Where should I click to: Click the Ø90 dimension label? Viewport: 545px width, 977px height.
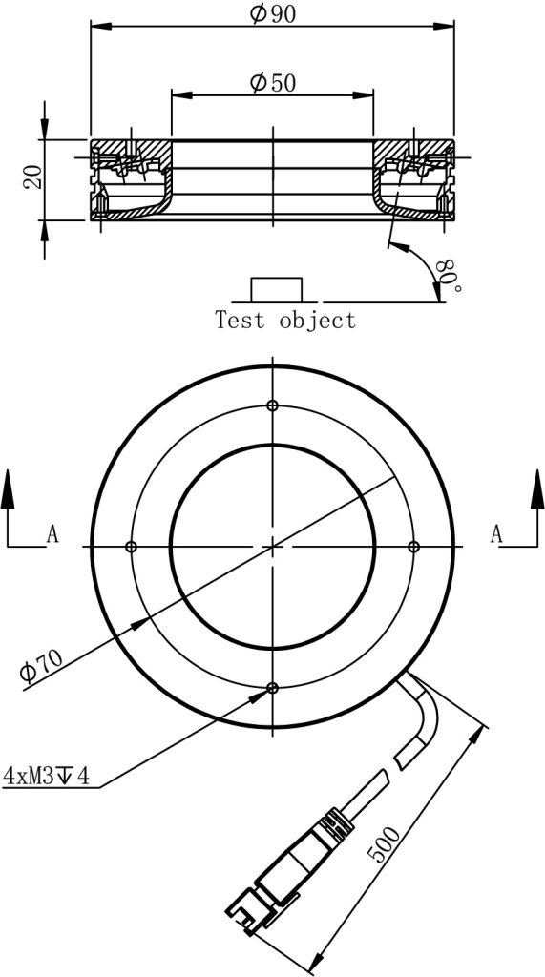[x=273, y=13]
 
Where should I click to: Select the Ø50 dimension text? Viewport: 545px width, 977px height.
[x=273, y=82]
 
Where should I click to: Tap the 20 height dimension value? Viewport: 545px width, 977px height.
[x=33, y=177]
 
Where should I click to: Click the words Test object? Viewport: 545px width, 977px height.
[x=285, y=321]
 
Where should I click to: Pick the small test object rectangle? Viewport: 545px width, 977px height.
[x=276, y=290]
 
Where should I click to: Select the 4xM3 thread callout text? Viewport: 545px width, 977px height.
[x=46, y=776]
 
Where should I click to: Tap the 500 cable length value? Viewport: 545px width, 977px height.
[x=382, y=845]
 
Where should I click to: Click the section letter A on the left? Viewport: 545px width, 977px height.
[x=53, y=534]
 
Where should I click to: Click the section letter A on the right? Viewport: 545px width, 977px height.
[x=495, y=534]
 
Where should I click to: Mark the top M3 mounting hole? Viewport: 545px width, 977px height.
[x=272, y=405]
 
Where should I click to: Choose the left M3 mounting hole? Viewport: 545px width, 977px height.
[x=131, y=547]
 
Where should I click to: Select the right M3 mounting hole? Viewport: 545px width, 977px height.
[x=413, y=547]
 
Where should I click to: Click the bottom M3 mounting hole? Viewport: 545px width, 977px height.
[x=272, y=687]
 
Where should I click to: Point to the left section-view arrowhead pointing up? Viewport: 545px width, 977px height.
[x=8, y=489]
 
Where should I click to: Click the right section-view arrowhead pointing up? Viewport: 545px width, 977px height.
[x=537, y=489]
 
